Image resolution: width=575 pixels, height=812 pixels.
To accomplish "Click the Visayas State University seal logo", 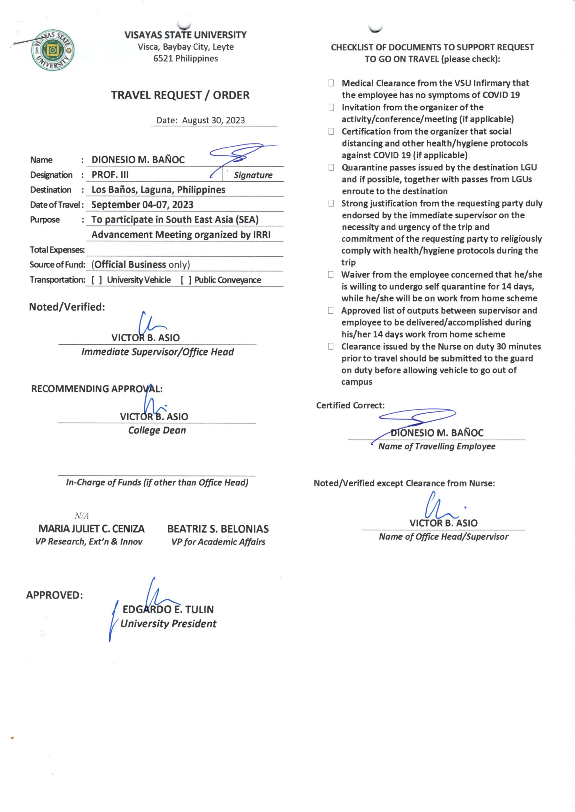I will [x=53, y=50].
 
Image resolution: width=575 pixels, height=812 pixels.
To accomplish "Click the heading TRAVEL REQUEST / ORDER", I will [x=180, y=95].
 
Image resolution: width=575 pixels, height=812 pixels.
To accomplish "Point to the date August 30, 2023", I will [x=213, y=120].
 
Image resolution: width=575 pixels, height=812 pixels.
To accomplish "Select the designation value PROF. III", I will [x=110, y=175].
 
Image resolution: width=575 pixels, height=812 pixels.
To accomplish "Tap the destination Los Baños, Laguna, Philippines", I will [x=158, y=190].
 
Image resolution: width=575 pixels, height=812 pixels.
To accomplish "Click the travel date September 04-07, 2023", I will [x=142, y=205].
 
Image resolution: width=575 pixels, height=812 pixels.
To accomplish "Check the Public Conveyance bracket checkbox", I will [x=186, y=280].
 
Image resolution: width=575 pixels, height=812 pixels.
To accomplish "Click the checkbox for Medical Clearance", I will [x=331, y=83].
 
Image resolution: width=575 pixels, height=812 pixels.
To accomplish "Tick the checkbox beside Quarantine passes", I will [x=331, y=167].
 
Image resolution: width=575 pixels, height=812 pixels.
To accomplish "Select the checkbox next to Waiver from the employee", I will [x=331, y=274].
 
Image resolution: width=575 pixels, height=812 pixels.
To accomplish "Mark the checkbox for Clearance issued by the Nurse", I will [x=331, y=346].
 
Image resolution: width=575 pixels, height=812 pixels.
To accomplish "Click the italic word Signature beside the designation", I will [x=253, y=175].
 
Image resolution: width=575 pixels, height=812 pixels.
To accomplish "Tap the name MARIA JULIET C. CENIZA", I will [x=91, y=529].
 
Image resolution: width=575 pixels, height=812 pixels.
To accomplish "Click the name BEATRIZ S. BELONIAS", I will [x=218, y=529].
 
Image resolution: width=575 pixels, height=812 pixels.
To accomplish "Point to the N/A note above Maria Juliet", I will [x=81, y=516].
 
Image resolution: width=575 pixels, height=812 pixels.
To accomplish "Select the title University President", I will [x=168, y=624].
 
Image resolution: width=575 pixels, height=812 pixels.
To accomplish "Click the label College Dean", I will [x=157, y=430].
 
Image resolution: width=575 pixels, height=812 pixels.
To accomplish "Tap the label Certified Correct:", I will [x=350, y=405].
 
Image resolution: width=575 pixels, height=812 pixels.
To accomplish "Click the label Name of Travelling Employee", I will [x=437, y=446].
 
